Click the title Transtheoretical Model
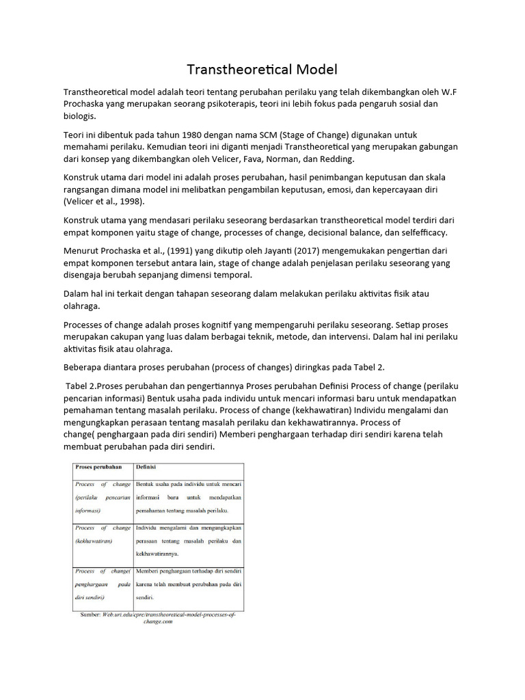click(262, 69)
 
